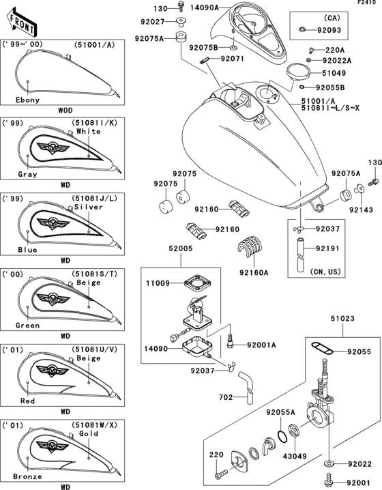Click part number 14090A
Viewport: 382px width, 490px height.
[x=205, y=8]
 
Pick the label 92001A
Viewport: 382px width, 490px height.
[x=261, y=345]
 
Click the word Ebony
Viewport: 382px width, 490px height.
[x=28, y=100]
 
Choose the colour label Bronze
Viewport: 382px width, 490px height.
[x=28, y=476]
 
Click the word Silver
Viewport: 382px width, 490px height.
[x=89, y=205]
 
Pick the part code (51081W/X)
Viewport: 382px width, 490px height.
[x=90, y=424]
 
